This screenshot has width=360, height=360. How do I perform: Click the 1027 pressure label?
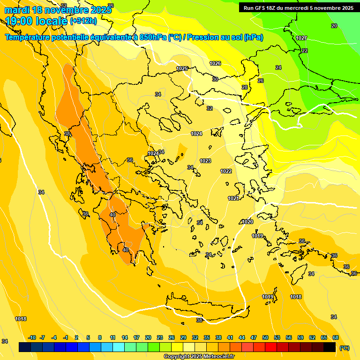pyautogui.click(x=301, y=38)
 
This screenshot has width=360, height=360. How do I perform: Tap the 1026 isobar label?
pyautogui.click(x=215, y=63)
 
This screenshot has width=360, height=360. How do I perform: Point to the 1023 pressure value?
pyautogui.click(x=205, y=161)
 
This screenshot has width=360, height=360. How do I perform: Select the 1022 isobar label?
pyautogui.click(x=226, y=171)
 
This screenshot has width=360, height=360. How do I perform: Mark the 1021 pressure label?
pyautogui.click(x=234, y=198)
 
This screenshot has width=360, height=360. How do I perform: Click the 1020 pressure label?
pyautogui.click(x=247, y=222)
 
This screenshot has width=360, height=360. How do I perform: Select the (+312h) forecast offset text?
pyautogui.click(x=83, y=21)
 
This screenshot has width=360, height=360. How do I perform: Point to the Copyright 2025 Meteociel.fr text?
pyautogui.click(x=199, y=357)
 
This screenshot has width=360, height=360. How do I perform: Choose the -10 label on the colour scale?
pyautogui.click(x=32, y=337)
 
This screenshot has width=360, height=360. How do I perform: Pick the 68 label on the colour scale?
pyautogui.click(x=336, y=337)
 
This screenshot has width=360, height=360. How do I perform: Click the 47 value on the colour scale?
pyautogui.click(x=254, y=337)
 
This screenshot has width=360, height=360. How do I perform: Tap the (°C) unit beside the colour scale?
pyautogui.click(x=345, y=348)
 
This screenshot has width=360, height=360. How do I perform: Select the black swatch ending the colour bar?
pyautogui.click(x=330, y=347)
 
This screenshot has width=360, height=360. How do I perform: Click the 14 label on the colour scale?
pyautogui.click(x=125, y=337)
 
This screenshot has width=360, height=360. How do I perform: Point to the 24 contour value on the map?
pyautogui.click(x=278, y=68)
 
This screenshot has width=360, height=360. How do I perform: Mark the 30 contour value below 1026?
pyautogui.click(x=215, y=79)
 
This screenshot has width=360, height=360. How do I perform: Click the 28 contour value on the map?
pyautogui.click(x=245, y=88)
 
